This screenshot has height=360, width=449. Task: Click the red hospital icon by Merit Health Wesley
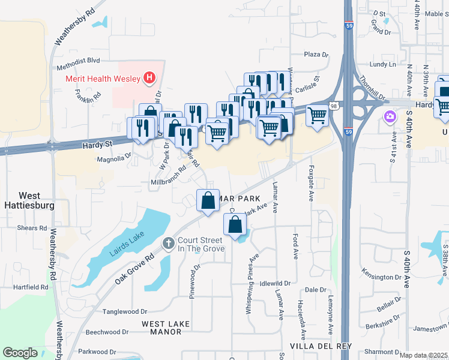[149, 77]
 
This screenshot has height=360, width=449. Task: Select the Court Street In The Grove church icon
[168, 242]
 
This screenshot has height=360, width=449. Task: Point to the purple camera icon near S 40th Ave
[390, 115]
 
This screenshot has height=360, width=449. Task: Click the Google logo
[20, 353]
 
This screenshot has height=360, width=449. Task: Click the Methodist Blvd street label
[78, 61]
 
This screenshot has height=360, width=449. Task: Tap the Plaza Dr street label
[316, 55]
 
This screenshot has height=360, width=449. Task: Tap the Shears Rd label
[32, 228]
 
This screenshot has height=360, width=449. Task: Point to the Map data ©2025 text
[423, 355]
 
